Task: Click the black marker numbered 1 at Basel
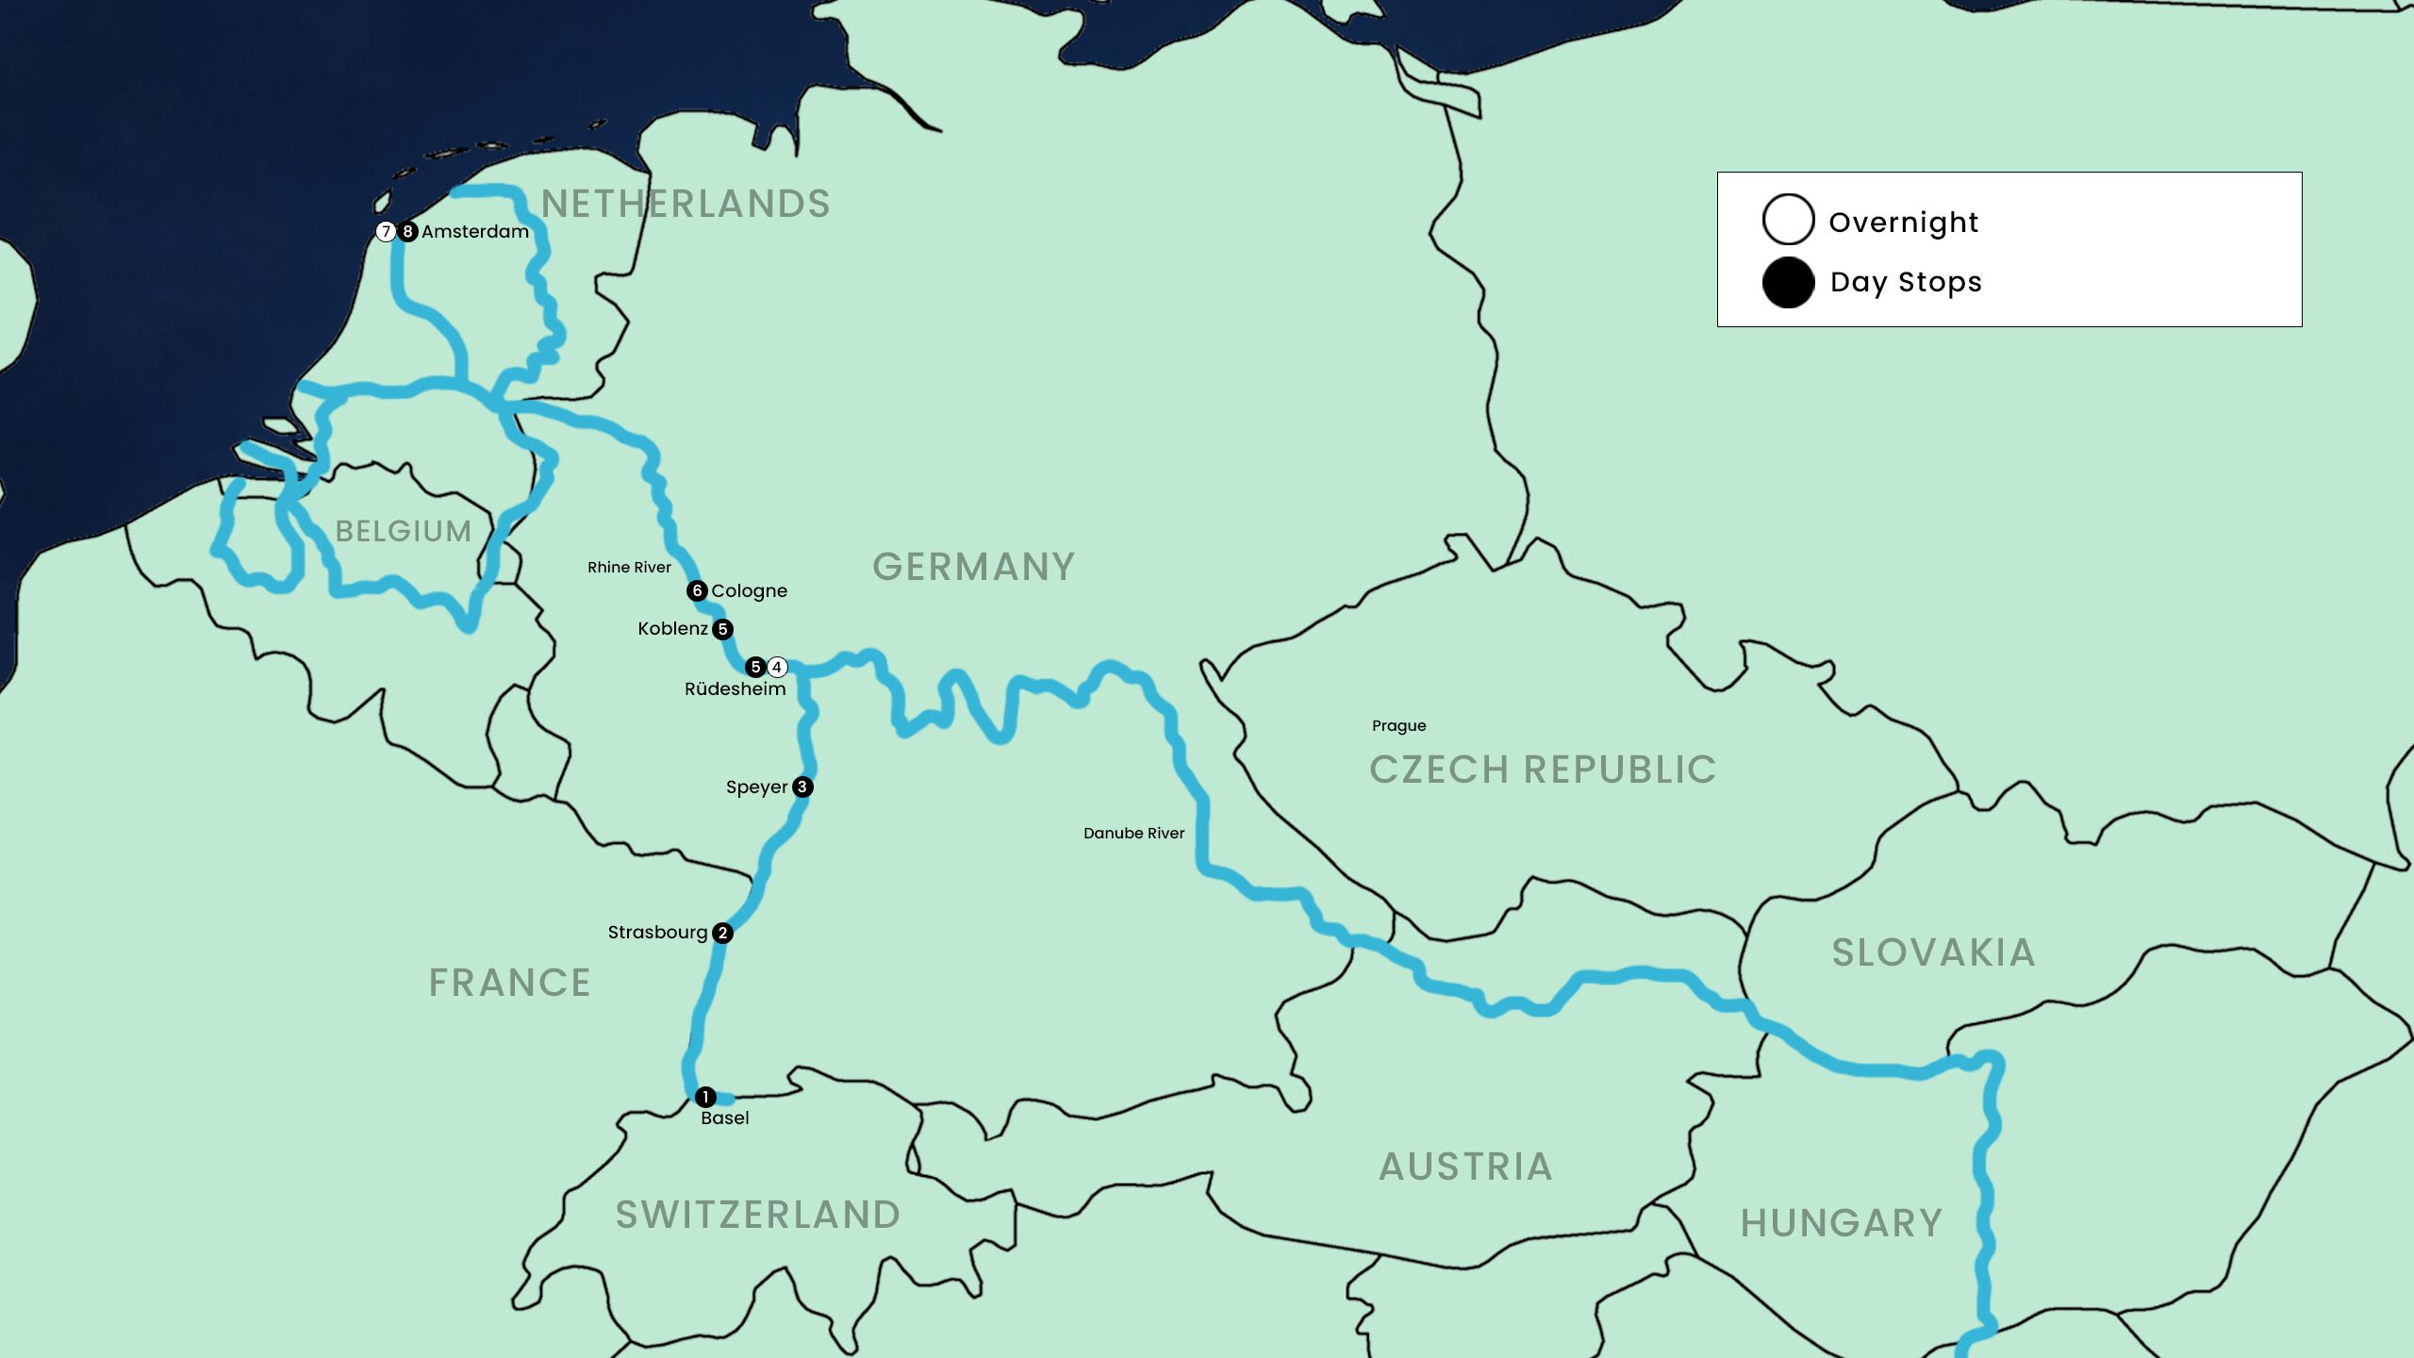pyautogui.click(x=704, y=1097)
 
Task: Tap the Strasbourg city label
pyautogui.click(x=657, y=933)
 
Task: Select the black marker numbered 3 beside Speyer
pyautogui.click(x=802, y=787)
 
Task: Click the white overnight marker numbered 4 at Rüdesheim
pyautogui.click(x=777, y=668)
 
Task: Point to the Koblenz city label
pyautogui.click(x=672, y=629)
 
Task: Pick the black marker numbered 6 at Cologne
pyautogui.click(x=697, y=590)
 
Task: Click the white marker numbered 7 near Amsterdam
pyautogui.click(x=386, y=231)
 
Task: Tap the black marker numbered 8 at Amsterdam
pyautogui.click(x=407, y=231)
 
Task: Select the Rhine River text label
pyautogui.click(x=629, y=567)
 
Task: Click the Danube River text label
pyautogui.click(x=1133, y=833)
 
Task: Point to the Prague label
pyautogui.click(x=1398, y=725)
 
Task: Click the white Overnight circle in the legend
pyautogui.click(x=1788, y=220)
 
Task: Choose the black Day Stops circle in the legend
pyautogui.click(x=1788, y=282)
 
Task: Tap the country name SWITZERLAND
pyautogui.click(x=757, y=1215)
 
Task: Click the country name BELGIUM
pyautogui.click(x=404, y=531)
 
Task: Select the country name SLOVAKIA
pyautogui.click(x=1933, y=952)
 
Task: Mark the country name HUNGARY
pyautogui.click(x=1841, y=1223)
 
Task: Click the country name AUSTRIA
pyautogui.click(x=1465, y=1167)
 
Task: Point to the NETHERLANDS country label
pyautogui.click(x=686, y=204)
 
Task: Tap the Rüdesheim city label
pyautogui.click(x=735, y=689)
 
